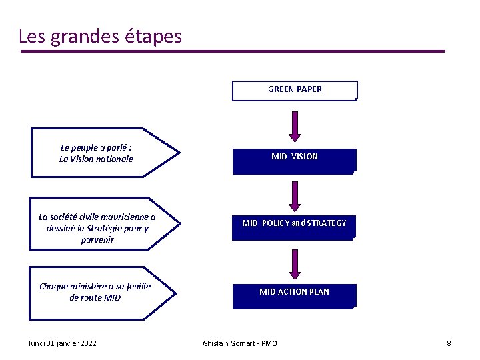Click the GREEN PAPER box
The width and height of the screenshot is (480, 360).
click(295, 90)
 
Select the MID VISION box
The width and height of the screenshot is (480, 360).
click(295, 161)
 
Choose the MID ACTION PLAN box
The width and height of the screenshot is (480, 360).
click(294, 295)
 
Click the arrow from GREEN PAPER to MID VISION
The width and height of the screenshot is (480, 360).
click(295, 127)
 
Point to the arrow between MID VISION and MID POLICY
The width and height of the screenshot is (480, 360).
click(295, 196)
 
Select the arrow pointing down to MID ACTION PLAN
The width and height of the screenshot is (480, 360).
click(295, 264)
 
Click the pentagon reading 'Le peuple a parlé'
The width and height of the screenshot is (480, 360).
click(103, 153)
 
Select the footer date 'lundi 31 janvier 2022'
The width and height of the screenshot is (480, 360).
click(63, 343)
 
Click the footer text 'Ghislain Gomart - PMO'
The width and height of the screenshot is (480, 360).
click(240, 343)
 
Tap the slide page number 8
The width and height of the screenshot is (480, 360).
click(449, 343)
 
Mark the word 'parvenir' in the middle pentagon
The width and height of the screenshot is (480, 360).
click(97, 239)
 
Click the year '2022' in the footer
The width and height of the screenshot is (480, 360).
click(86, 343)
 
